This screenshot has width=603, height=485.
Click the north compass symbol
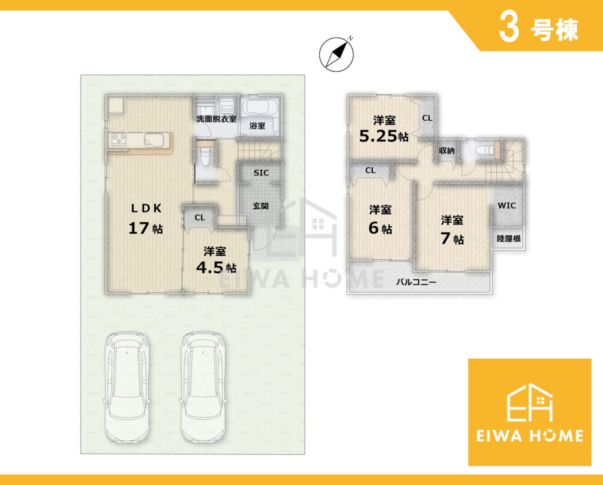(336, 54)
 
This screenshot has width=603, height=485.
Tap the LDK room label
(147, 208)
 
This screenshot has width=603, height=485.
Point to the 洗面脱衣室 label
(216, 119)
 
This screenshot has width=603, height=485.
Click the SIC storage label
(261, 173)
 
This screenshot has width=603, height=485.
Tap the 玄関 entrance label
(261, 206)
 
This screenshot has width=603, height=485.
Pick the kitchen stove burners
(118, 139)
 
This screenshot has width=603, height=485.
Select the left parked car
(127, 388)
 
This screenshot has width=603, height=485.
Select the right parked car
(203, 388)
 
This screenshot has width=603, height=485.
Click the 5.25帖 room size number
(383, 136)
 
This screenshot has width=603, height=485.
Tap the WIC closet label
(507, 206)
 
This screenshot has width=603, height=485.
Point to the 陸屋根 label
(508, 239)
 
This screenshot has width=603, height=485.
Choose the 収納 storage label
(446, 151)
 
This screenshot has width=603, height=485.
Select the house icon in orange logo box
(529, 402)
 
